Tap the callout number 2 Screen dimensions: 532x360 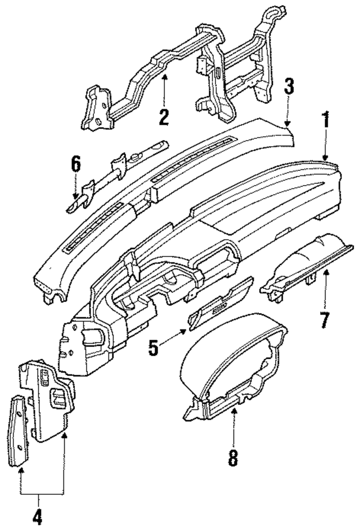click(x=164, y=117)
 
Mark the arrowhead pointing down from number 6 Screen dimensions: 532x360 click(x=76, y=198)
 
